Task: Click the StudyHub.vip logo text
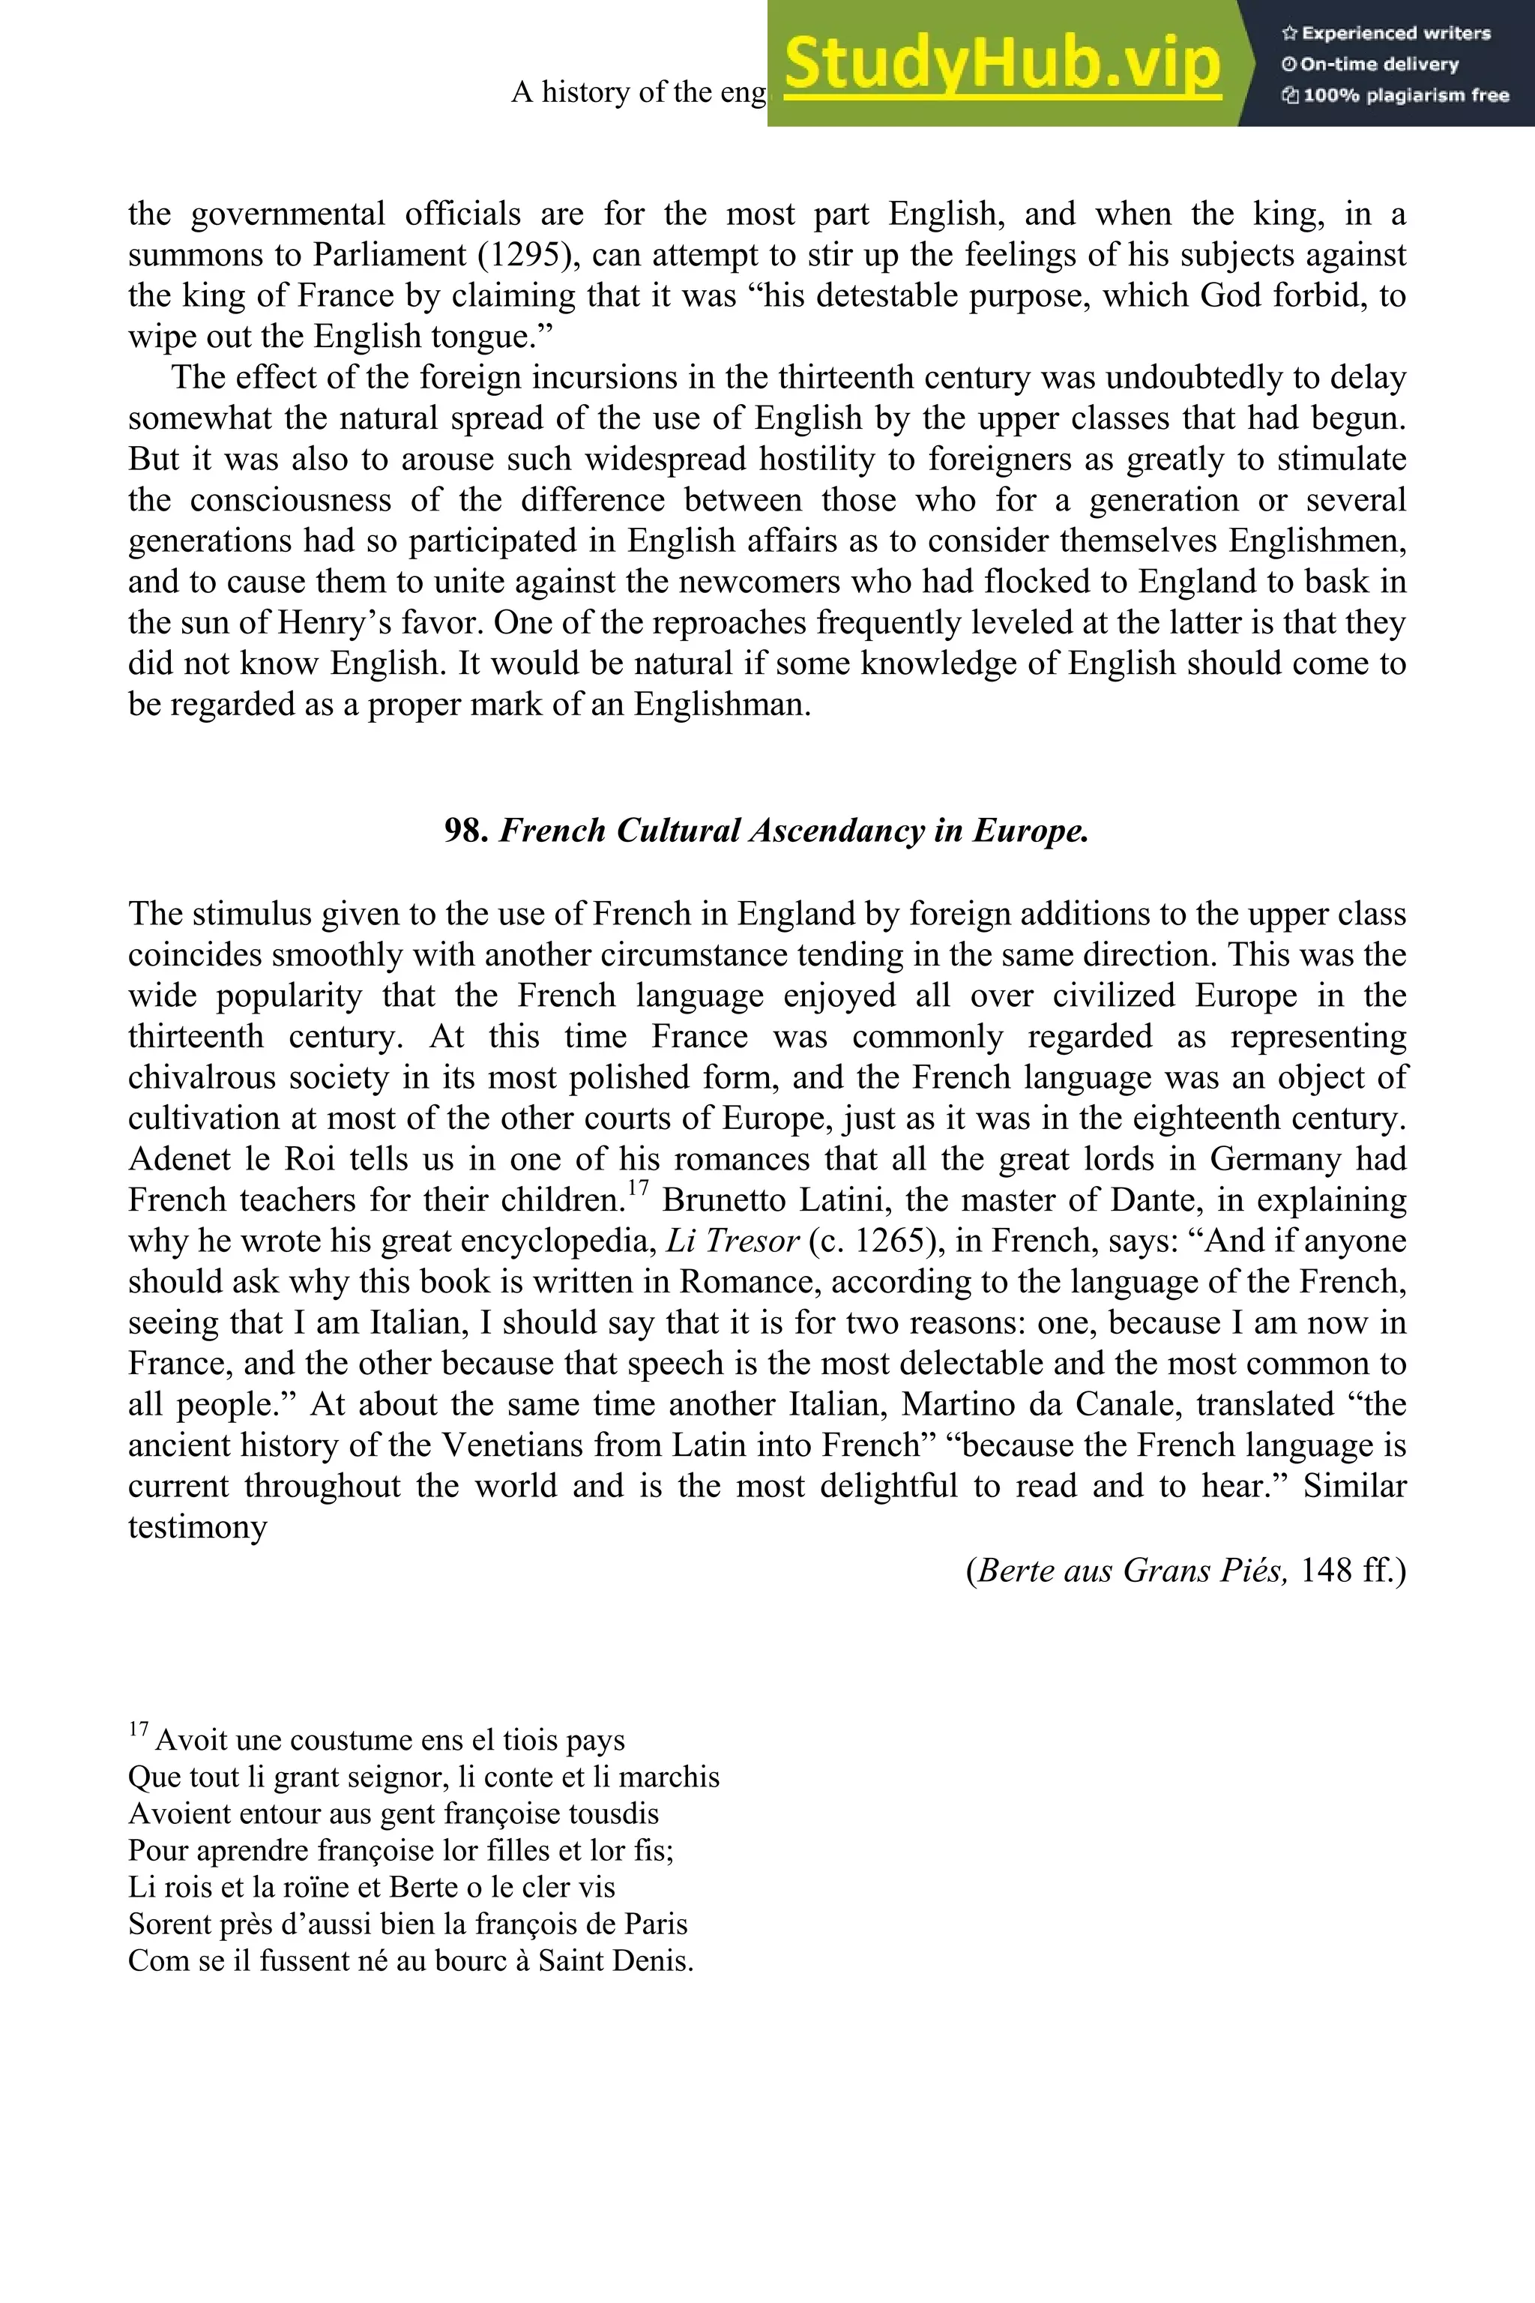[x=1001, y=64]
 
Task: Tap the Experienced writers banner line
[x=1385, y=33]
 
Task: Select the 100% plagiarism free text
[x=1395, y=96]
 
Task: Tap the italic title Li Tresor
[x=732, y=1241]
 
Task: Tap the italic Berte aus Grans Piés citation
[x=1133, y=1571]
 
